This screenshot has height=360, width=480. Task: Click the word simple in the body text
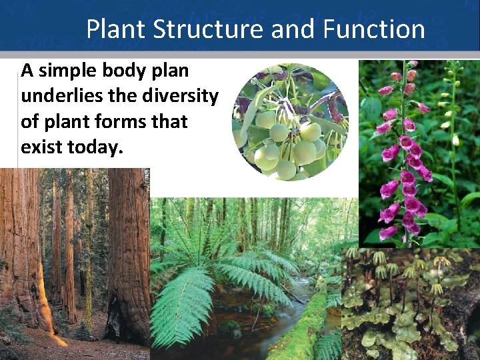tap(71, 71)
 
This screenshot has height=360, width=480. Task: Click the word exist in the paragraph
tap(40, 148)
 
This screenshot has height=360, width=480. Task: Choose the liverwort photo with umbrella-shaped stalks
tap(410, 303)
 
